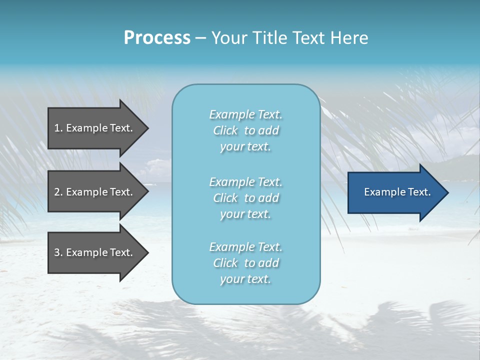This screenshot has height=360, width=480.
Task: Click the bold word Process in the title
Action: click(157, 38)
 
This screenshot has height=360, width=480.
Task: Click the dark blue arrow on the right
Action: click(395, 192)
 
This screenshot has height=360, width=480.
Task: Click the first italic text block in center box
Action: click(245, 130)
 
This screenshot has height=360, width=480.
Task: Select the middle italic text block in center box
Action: click(245, 198)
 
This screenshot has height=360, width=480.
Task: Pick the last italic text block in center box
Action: click(245, 263)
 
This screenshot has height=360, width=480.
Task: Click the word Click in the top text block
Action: click(225, 131)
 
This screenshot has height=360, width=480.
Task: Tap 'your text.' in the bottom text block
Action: click(245, 279)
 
